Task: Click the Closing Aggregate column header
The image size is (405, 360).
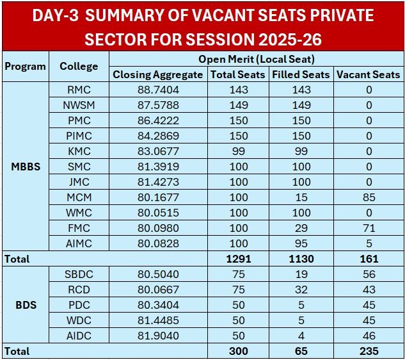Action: point(159,74)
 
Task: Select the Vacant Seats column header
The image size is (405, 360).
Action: point(368,74)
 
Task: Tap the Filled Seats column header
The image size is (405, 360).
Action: point(301,74)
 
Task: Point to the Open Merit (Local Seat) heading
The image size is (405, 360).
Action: point(256,60)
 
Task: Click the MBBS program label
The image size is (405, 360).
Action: point(25,167)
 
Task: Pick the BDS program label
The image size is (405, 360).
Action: point(25,305)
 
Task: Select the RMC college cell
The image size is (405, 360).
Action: point(79,90)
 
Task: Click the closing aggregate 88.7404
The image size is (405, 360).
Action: point(158,90)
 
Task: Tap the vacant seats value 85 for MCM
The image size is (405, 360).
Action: point(369,197)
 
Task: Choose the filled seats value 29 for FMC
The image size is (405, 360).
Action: point(301,228)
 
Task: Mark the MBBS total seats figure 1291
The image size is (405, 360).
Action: point(239,259)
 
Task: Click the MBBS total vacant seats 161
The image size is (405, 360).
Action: point(369,259)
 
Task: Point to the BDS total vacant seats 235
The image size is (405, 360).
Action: point(369,351)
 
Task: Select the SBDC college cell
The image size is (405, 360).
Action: point(79,274)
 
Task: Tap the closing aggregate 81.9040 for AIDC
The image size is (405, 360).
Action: point(158,336)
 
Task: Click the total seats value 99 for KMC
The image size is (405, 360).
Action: point(239,151)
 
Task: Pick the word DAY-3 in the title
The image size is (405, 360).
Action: point(56,16)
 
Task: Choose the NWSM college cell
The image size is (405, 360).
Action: point(79,105)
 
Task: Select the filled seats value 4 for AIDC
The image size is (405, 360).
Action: point(301,336)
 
